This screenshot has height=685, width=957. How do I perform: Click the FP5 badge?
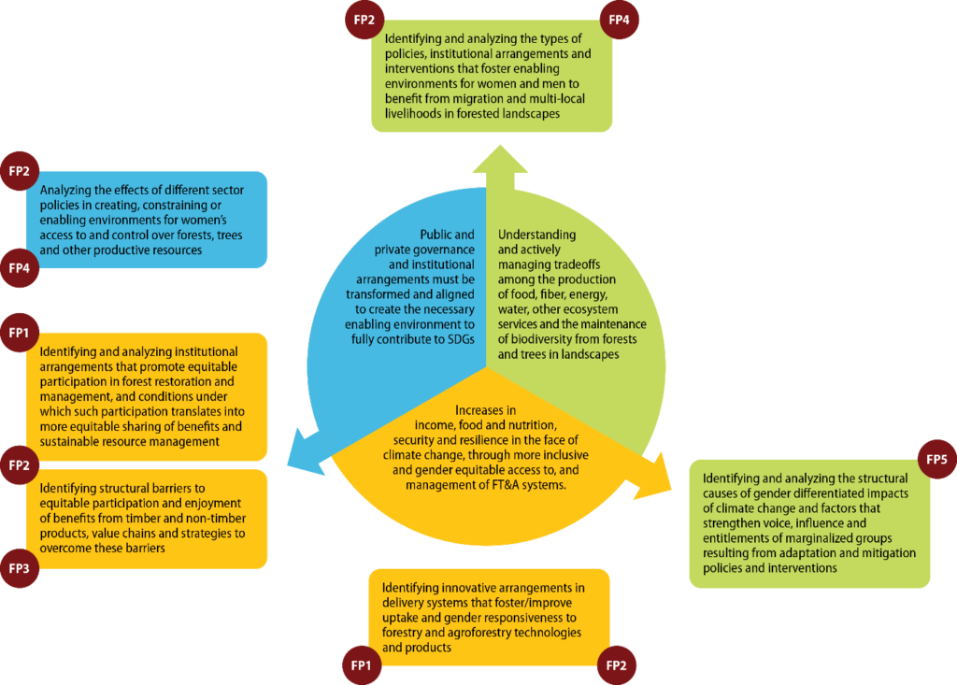tap(936, 459)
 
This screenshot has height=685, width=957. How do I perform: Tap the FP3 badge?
tap(19, 568)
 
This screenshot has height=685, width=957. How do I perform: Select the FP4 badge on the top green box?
tap(619, 20)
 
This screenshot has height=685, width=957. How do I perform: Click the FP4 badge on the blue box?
tap(19, 268)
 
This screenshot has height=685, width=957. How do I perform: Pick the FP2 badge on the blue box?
tap(19, 171)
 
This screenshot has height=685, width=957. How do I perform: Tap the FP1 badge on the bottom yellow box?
tap(362, 664)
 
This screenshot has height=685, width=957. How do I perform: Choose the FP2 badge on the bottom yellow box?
tap(617, 664)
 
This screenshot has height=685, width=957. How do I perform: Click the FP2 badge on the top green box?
tap(364, 20)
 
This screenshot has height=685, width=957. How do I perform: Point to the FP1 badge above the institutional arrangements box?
tap(19, 333)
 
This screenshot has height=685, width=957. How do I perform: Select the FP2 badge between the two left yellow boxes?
tap(19, 465)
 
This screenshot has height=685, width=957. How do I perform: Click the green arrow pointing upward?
tap(500, 168)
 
